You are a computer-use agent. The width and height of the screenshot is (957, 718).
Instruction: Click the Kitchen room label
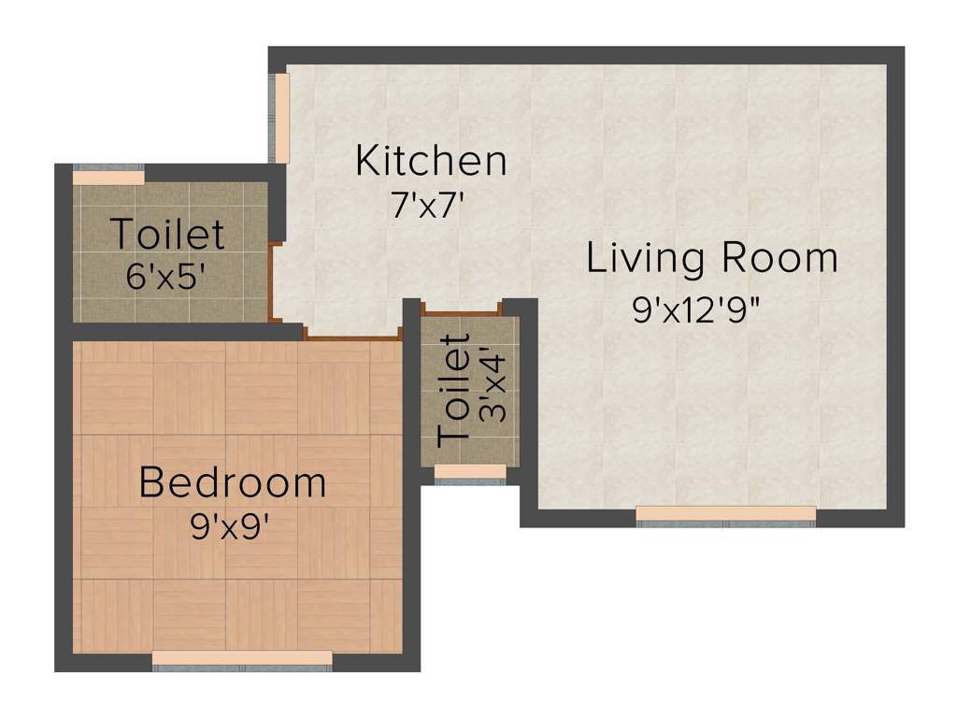coord(431,161)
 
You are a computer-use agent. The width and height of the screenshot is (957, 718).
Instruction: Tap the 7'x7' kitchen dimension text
coord(427,205)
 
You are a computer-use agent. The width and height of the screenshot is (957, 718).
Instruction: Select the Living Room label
coord(711,258)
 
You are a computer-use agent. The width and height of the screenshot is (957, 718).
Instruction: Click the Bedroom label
coord(233,483)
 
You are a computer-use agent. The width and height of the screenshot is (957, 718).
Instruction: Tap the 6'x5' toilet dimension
coord(165,277)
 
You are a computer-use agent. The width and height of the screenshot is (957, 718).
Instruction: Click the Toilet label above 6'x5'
coord(168,234)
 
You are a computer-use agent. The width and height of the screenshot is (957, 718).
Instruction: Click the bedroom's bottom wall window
coord(242,659)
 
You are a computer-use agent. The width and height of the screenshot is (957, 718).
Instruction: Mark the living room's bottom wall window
coord(725,514)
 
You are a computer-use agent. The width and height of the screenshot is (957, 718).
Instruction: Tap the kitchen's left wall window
coord(279,117)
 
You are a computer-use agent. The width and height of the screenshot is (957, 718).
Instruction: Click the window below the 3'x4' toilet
coord(470,472)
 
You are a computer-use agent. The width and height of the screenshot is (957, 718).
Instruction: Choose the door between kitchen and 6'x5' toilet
coord(272,280)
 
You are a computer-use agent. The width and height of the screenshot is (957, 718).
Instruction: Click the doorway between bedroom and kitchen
coord(351,336)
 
